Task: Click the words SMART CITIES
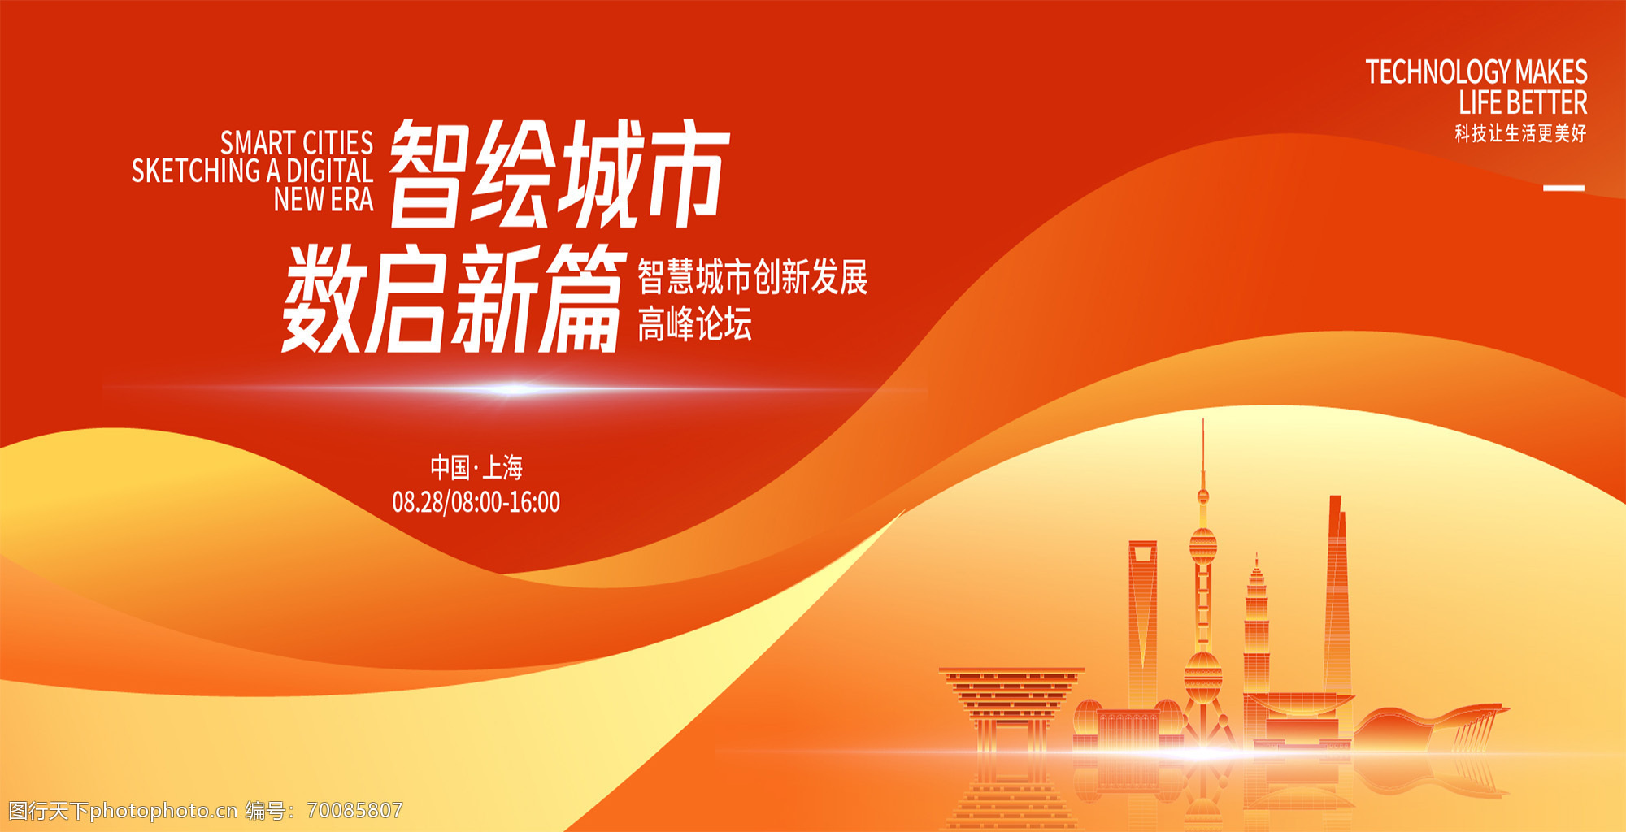297,144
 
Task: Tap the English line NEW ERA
324,199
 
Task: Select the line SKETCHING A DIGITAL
252,171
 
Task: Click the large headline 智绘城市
559,174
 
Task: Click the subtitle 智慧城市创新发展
753,278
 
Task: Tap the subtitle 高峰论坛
695,324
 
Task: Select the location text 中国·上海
476,467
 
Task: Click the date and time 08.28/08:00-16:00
476,502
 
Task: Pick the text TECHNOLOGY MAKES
1476,72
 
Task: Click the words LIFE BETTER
1523,103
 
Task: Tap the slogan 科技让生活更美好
1520,133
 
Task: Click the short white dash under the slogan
1564,188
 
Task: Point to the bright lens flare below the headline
512,389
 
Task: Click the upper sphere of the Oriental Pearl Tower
1203,544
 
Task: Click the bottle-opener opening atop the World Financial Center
1142,554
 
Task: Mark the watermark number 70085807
354,810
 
